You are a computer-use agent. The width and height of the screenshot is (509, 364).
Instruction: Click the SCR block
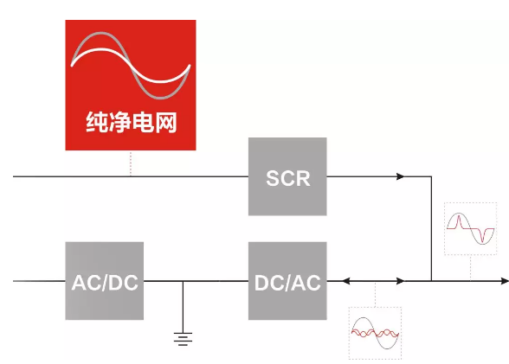click(x=287, y=176)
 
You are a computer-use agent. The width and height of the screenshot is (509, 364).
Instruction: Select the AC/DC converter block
click(x=105, y=281)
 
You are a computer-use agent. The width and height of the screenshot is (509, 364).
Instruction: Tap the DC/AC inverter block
click(x=287, y=281)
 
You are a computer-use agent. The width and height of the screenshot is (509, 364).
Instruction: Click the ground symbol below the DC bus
click(x=183, y=339)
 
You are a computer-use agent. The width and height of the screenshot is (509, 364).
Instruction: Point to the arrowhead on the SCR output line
click(x=401, y=176)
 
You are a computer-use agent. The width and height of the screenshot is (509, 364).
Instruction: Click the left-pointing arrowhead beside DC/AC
click(x=346, y=281)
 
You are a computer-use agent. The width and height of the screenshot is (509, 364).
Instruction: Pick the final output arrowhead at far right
click(x=505, y=281)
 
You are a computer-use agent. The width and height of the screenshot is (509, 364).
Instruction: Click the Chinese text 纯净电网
click(x=132, y=122)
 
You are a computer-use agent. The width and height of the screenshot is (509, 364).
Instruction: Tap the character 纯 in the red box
click(x=96, y=122)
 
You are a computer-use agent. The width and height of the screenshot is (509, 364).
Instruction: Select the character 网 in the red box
click(x=166, y=122)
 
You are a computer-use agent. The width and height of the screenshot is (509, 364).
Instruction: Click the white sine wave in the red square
click(x=131, y=65)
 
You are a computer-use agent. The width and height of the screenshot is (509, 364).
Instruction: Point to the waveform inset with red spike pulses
click(x=470, y=228)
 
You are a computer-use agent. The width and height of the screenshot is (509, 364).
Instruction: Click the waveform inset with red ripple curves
click(x=375, y=333)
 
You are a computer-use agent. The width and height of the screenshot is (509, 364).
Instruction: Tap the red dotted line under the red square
click(x=131, y=163)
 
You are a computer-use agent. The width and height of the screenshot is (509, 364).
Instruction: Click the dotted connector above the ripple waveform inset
click(x=376, y=294)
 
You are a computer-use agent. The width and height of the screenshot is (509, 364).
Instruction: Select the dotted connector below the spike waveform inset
click(x=470, y=268)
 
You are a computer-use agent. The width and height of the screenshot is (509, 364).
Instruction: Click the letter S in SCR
click(x=274, y=178)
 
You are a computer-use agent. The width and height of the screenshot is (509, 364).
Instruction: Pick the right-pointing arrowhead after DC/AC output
click(x=401, y=281)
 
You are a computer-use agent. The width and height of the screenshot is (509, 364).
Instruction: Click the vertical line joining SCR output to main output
click(x=431, y=228)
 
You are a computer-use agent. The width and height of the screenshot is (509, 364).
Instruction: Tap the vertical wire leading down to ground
click(x=183, y=307)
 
